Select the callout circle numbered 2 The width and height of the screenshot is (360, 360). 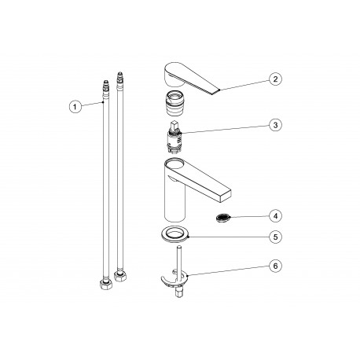click(274, 79)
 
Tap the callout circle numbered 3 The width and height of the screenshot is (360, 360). click(274, 124)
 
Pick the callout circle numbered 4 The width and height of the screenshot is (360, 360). click(274, 215)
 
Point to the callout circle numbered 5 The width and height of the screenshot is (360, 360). click(274, 237)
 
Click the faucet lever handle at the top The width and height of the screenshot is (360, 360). click(189, 76)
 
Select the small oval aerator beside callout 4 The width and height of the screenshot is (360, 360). click(223, 215)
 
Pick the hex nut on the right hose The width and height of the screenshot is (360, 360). click(120, 277)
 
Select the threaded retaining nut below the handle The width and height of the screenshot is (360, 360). click(174, 102)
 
